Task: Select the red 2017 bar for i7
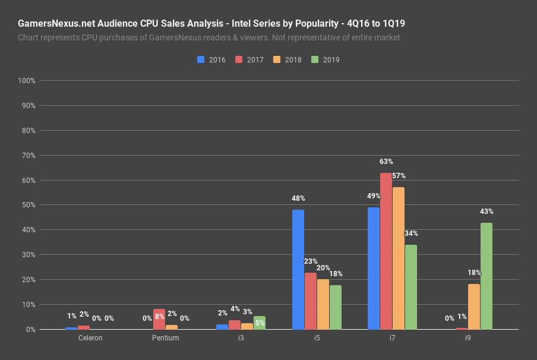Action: pos(386,251)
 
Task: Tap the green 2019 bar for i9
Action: pos(486,276)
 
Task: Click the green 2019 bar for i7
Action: pos(410,287)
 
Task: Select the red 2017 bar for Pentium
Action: pos(159,320)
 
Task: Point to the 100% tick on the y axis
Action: pos(27,81)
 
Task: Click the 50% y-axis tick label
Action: pos(29,206)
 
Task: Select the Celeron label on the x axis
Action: pos(90,338)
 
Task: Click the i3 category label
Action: pos(241,338)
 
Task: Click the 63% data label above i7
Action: pos(386,162)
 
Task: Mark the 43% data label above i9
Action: pos(487,211)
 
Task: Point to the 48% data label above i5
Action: pos(298,198)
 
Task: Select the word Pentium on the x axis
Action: pos(165,338)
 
